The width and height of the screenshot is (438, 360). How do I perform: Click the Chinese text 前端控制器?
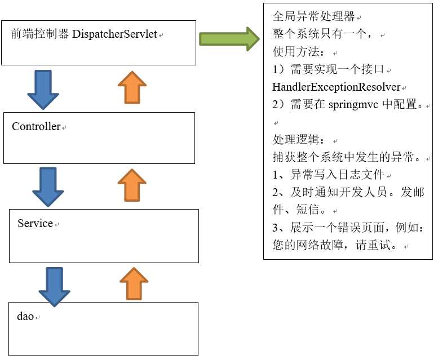(41, 34)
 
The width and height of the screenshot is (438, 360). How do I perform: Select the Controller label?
(36, 127)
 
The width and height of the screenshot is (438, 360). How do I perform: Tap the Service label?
(35, 224)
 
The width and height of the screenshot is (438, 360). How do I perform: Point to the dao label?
(25, 316)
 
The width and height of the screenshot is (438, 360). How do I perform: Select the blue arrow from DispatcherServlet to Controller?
(43, 89)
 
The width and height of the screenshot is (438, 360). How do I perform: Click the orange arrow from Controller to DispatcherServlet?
(132, 87)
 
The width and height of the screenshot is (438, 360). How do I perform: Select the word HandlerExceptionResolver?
(336, 87)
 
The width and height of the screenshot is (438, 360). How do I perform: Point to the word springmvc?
(353, 105)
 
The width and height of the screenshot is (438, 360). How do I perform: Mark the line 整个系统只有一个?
(321, 35)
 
